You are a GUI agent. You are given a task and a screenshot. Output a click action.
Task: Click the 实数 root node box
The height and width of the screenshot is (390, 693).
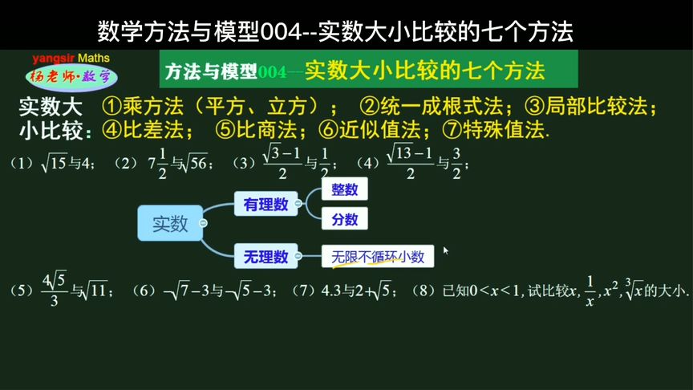point(169,223)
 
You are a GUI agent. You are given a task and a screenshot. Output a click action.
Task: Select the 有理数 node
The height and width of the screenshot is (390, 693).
point(265,205)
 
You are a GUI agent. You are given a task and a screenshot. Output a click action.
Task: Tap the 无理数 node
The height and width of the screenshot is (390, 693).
point(265,257)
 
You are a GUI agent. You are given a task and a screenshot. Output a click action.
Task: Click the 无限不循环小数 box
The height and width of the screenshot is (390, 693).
point(378,257)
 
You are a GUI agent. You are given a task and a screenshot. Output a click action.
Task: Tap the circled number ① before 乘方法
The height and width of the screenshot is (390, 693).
point(111,107)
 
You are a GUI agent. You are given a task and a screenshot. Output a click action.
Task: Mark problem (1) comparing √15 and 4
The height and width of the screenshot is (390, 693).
point(53,164)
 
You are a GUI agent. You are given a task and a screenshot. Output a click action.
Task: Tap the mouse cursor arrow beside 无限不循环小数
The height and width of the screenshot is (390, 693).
point(445,250)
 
